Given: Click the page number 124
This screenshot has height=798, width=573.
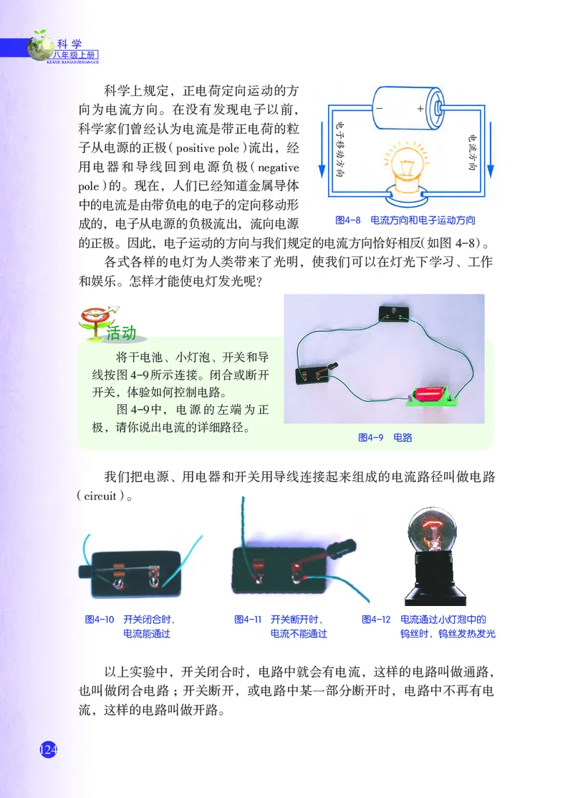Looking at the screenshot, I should (x=47, y=749).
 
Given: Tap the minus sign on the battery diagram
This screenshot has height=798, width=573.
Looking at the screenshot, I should (x=379, y=109).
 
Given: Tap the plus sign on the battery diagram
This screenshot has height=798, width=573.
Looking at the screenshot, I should (x=420, y=109).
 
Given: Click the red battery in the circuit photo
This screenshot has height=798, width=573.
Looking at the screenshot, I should (x=427, y=395).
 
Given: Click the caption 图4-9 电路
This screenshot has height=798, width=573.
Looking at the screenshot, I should (x=385, y=437).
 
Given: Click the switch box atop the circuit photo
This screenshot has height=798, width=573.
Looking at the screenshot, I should (x=393, y=312).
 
